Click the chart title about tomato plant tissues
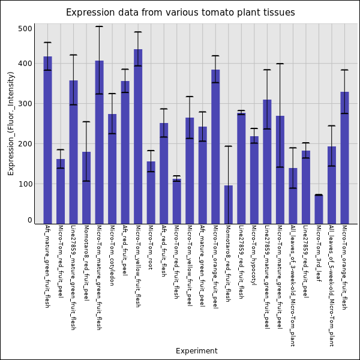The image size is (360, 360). point(180,13)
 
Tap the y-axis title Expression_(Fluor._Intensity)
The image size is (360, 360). point(11,123)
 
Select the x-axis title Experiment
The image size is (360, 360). point(196,351)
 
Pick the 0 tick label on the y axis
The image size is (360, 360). point(29,221)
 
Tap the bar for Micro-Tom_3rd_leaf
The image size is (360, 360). point(319,209)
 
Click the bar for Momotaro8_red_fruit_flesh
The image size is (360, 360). point(229,204)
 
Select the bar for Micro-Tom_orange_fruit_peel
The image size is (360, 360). point(215,146)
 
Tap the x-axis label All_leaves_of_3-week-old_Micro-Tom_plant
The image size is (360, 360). point(293,285)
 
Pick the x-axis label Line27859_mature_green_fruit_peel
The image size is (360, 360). point(267,277)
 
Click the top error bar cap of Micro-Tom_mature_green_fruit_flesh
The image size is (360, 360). point(99,26)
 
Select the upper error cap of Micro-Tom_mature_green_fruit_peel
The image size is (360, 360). point(280,64)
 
